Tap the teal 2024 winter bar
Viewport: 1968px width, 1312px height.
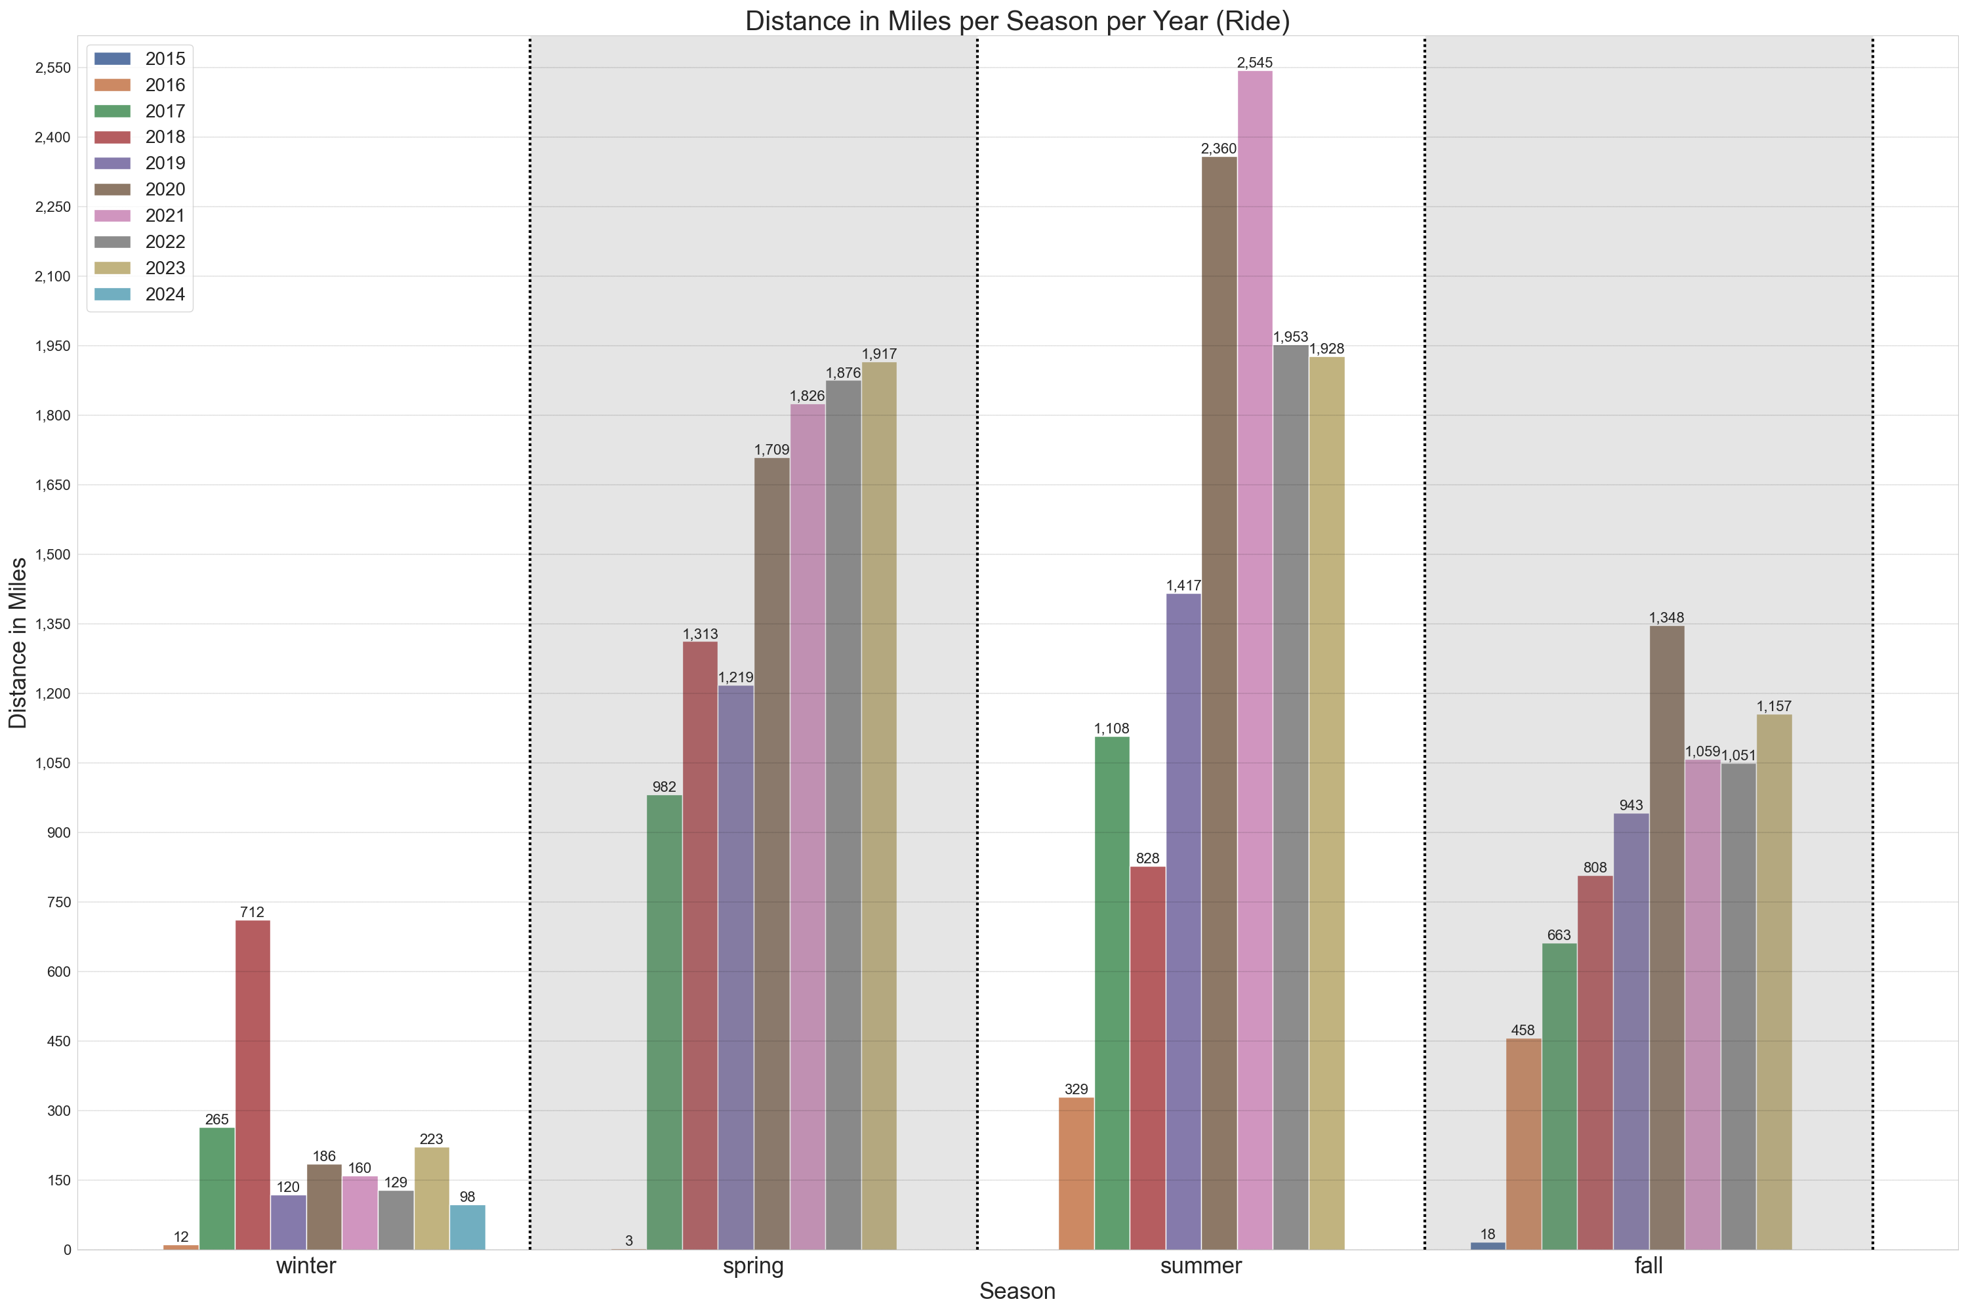pyautogui.click(x=467, y=1227)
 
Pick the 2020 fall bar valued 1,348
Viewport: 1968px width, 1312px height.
pyautogui.click(x=1666, y=937)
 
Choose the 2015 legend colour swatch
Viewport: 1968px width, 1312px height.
pyautogui.click(x=112, y=58)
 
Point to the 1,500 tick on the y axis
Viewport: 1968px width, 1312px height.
pyautogui.click(x=52, y=555)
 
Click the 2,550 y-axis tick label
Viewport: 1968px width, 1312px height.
pyautogui.click(x=52, y=68)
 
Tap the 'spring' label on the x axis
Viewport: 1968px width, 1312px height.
pyautogui.click(x=753, y=1265)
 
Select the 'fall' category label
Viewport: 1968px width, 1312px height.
pyautogui.click(x=1649, y=1265)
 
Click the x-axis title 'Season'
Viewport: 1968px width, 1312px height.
pyautogui.click(x=1017, y=1291)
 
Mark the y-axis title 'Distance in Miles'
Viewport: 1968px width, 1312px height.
pyautogui.click(x=18, y=643)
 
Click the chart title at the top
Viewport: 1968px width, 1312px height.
pyautogui.click(x=1017, y=21)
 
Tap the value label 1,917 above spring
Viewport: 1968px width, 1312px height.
pyautogui.click(x=880, y=354)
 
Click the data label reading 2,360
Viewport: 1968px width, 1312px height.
pyautogui.click(x=1218, y=149)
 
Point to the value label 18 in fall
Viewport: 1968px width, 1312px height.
pyautogui.click(x=1487, y=1234)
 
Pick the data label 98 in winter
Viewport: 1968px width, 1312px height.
pyautogui.click(x=467, y=1197)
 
